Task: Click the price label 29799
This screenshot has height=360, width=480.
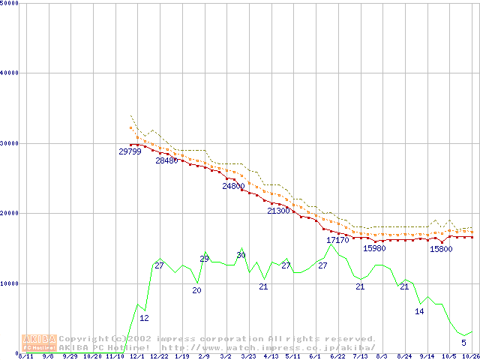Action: (130, 151)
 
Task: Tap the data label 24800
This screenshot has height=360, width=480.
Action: (233, 186)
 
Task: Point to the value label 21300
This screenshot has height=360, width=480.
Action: (278, 211)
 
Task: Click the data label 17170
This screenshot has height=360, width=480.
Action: (337, 240)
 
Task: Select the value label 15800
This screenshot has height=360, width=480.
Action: (441, 249)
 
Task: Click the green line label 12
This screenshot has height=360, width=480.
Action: (144, 318)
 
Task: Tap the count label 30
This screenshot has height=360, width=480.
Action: (241, 255)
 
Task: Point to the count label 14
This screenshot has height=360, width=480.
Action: (419, 311)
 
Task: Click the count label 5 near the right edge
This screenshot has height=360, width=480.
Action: (463, 343)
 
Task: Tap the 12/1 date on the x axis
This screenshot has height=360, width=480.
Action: (136, 356)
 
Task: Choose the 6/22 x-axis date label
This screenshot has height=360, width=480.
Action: (337, 356)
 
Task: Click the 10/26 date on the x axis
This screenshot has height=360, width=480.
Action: (470, 356)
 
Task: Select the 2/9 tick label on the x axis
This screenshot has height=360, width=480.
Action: (203, 356)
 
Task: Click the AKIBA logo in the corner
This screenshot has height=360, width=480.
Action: (39, 342)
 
